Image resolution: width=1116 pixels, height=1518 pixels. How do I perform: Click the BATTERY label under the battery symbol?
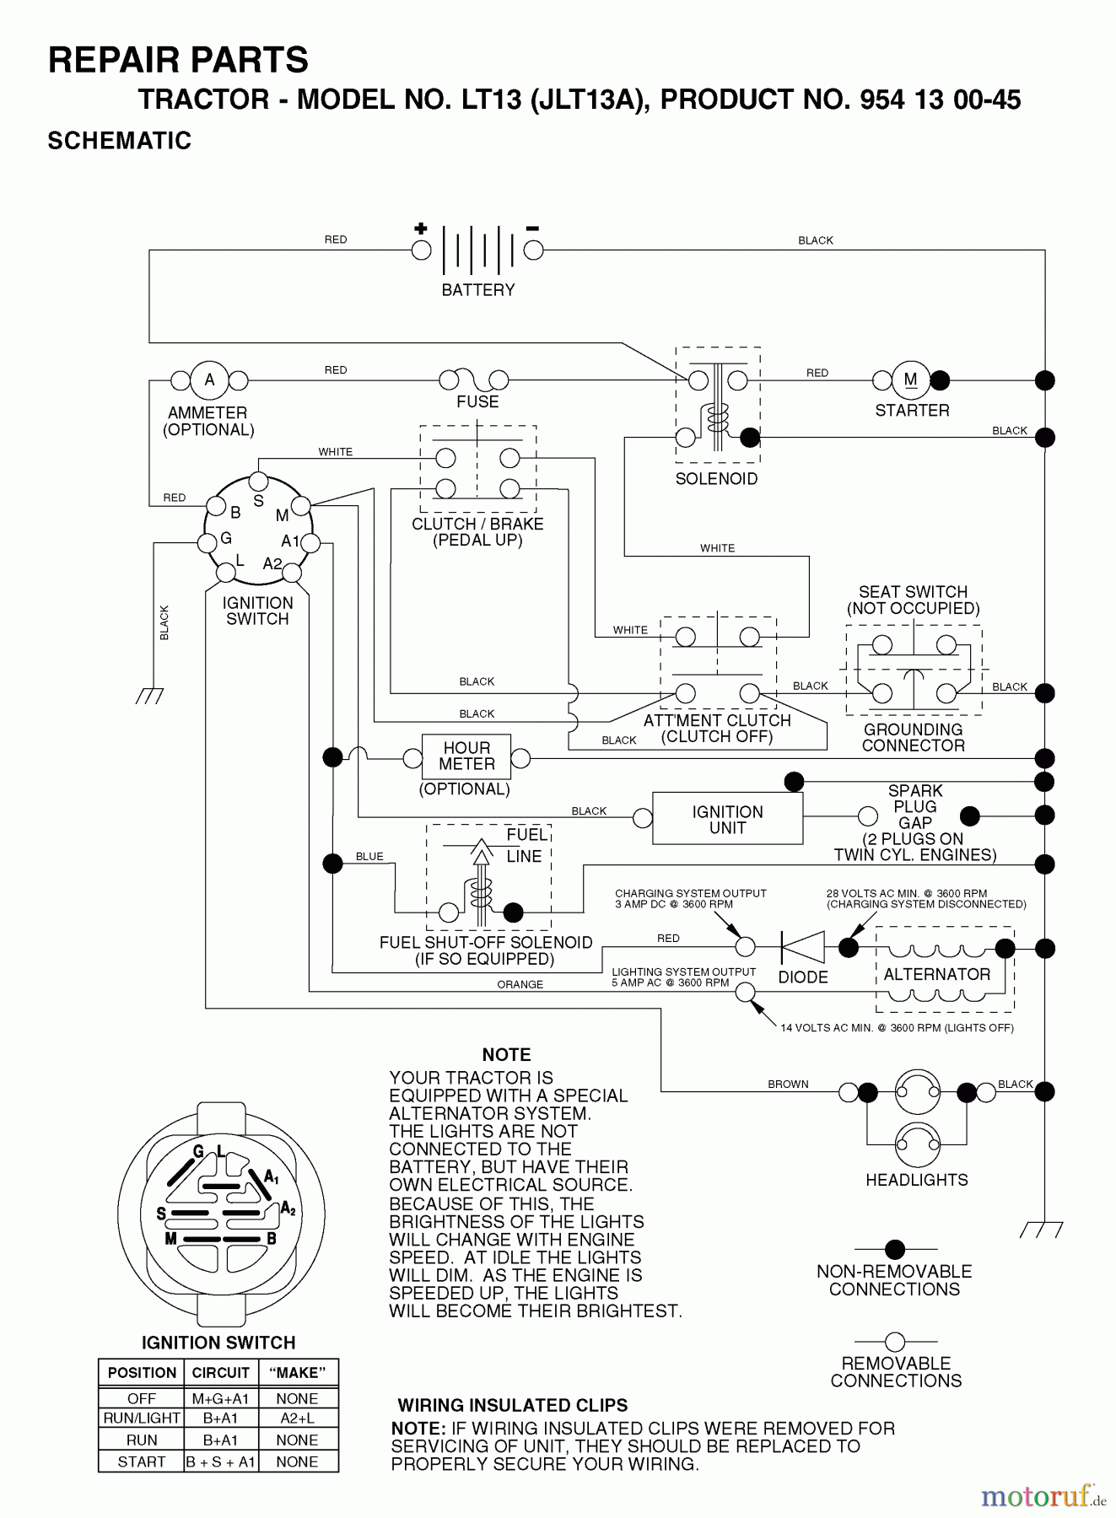click(x=477, y=290)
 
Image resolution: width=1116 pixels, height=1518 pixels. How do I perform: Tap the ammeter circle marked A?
click(x=209, y=380)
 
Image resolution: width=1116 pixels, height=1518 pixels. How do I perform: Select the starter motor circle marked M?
click(x=910, y=380)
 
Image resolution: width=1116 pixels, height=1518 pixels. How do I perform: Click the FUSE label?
click(x=477, y=402)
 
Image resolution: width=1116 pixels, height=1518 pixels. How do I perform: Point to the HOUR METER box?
click(x=466, y=756)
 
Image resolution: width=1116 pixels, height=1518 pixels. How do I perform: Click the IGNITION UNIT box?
click(x=727, y=819)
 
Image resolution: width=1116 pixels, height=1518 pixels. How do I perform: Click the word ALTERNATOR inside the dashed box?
click(x=936, y=975)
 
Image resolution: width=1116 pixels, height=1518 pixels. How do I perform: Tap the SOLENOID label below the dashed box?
click(x=716, y=479)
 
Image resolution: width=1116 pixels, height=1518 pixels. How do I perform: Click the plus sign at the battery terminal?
click(x=421, y=229)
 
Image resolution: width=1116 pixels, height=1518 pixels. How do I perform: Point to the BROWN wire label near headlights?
click(x=788, y=1085)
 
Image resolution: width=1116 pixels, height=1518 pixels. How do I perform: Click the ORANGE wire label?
click(x=520, y=985)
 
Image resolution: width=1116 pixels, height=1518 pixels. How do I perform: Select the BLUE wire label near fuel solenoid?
click(x=369, y=857)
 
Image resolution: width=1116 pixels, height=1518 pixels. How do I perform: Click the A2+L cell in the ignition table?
click(x=297, y=1418)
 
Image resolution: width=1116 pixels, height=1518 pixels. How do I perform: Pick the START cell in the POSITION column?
click(x=141, y=1462)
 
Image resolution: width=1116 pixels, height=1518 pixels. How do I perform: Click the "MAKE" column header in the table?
click(x=297, y=1373)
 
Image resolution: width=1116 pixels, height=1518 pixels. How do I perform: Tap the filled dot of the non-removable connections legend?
click(x=895, y=1249)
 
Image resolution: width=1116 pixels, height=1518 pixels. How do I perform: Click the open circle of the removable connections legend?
click(x=895, y=1342)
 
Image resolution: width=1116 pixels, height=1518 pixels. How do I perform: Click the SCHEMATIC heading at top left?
click(x=120, y=141)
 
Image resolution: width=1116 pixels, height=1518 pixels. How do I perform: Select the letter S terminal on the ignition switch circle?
click(x=258, y=482)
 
